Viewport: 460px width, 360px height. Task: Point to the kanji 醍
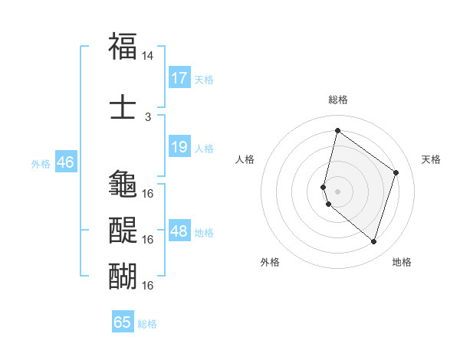tap(123, 229)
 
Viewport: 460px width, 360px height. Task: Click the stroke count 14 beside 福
tap(148, 56)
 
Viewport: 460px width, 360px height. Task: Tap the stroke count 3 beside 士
tap(148, 116)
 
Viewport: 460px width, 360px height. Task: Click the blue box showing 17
tap(179, 77)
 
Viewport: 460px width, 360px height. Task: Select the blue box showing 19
tap(179, 147)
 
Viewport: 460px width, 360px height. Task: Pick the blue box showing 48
tap(179, 231)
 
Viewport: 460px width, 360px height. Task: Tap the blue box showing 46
tap(65, 162)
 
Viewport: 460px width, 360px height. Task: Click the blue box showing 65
tap(123, 322)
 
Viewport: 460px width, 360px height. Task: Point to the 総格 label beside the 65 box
tap(147, 324)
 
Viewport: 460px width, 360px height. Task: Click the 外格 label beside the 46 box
tap(41, 163)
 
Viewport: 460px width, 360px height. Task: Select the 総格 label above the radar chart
tap(338, 100)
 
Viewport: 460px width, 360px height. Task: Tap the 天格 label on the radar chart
tap(431, 159)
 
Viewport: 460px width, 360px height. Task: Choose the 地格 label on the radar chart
tap(402, 262)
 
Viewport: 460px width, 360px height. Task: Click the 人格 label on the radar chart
tap(245, 159)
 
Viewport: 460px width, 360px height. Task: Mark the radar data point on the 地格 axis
tap(374, 242)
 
